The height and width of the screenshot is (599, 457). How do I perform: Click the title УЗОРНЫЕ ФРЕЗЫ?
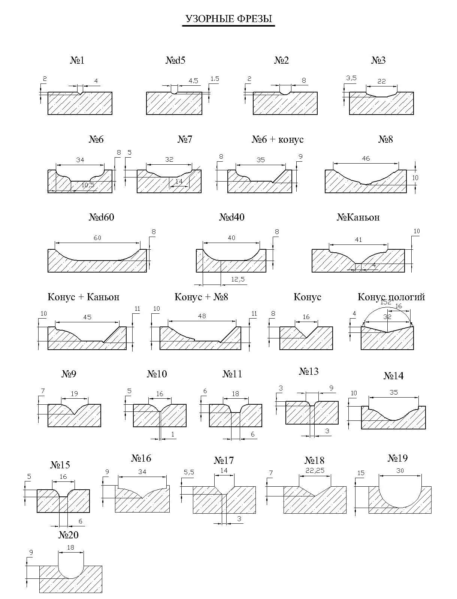click(x=229, y=19)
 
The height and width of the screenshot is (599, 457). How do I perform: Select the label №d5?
click(x=175, y=60)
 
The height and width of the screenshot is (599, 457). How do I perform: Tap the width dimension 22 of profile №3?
click(x=381, y=81)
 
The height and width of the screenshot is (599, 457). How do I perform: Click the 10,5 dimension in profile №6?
click(x=88, y=185)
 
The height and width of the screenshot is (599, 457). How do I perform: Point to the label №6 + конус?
click(x=277, y=139)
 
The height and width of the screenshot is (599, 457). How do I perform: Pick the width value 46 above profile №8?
click(x=366, y=158)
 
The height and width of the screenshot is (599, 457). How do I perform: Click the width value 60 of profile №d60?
click(x=97, y=238)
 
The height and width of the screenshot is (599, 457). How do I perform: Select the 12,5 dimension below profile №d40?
click(x=238, y=279)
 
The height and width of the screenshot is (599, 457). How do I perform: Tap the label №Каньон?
click(x=358, y=217)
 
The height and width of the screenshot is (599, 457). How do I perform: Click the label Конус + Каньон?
click(x=84, y=297)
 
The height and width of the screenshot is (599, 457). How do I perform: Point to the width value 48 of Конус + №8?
click(x=202, y=316)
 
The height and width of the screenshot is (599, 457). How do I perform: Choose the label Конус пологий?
click(x=391, y=297)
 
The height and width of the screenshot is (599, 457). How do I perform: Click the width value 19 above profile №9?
click(x=74, y=393)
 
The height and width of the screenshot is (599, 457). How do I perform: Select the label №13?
click(x=309, y=371)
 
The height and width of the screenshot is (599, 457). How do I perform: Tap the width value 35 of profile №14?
click(x=394, y=392)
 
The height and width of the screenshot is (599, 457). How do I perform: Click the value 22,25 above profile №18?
click(x=315, y=471)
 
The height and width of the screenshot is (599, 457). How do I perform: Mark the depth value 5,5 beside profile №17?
click(x=189, y=472)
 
